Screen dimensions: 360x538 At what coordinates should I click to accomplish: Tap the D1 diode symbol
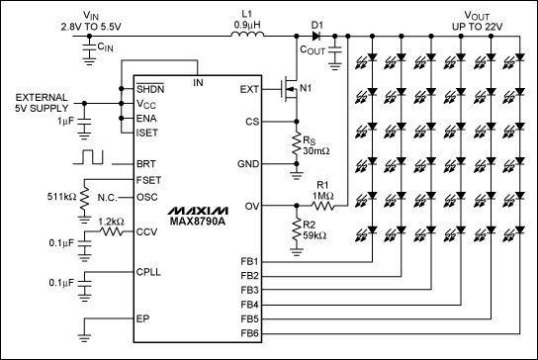click(317, 38)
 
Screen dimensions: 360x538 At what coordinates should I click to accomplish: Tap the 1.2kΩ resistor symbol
click(111, 234)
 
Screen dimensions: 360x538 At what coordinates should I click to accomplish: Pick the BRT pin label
click(146, 162)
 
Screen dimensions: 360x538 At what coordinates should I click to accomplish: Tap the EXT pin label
click(248, 89)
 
